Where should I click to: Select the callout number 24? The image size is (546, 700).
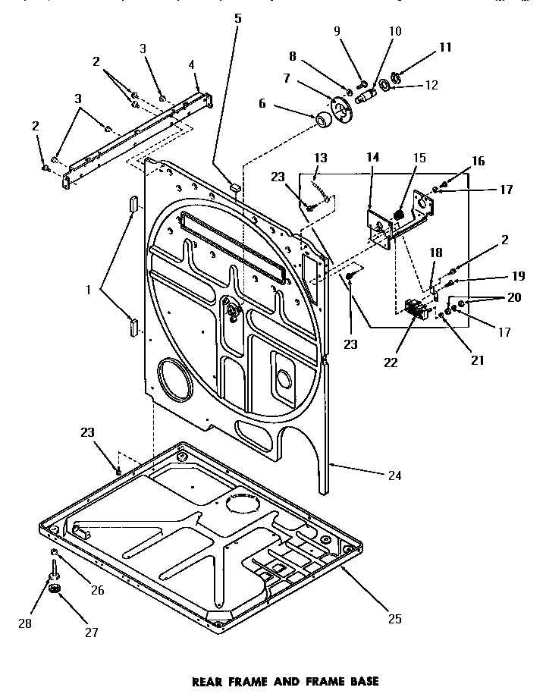(x=394, y=476)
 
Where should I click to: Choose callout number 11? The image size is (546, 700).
(x=445, y=47)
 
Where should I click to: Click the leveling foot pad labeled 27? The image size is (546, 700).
(x=54, y=589)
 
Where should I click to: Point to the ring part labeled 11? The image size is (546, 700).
(x=396, y=78)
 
